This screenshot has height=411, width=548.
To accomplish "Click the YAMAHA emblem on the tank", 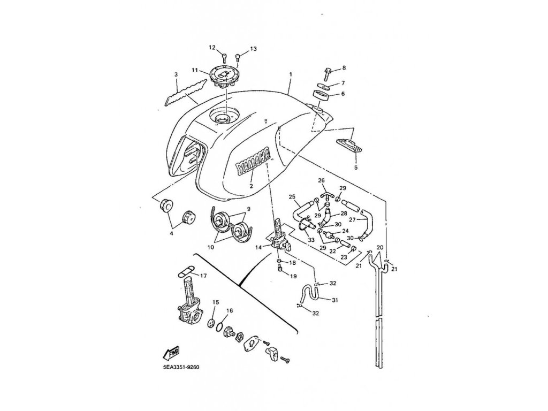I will (252, 160).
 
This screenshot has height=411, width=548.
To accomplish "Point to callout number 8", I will (344, 68).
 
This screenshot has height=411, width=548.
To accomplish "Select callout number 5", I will (355, 168).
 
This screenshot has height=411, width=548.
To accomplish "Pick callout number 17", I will (203, 276).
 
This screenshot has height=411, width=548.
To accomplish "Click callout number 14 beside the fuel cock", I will (258, 247).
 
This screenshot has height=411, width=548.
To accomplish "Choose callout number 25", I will (292, 197).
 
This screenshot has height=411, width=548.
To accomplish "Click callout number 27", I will (352, 219).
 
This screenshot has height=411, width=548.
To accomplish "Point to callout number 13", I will (253, 49).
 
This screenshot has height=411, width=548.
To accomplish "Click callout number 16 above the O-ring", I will (230, 310).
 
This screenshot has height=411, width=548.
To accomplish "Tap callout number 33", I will (311, 241).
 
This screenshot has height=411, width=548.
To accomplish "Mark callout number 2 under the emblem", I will (250, 186).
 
